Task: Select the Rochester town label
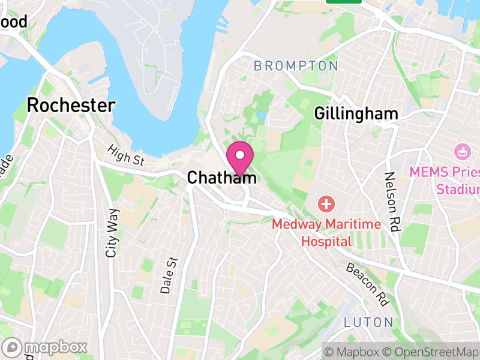(x=71, y=106)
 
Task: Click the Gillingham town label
(x=356, y=113)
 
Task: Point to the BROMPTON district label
(x=296, y=66)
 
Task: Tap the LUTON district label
(x=368, y=322)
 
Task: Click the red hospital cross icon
(x=326, y=204)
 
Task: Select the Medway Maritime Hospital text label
(x=326, y=233)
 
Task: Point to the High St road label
(x=126, y=155)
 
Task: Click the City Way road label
(x=112, y=233)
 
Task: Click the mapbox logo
(x=46, y=347)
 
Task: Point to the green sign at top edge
(x=343, y=1)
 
